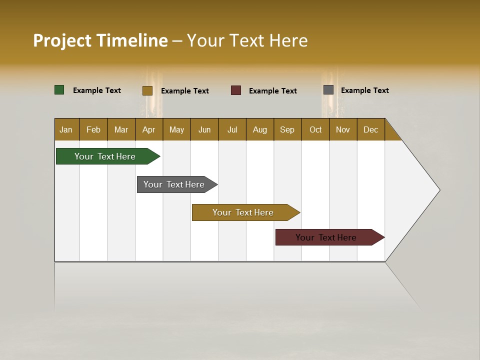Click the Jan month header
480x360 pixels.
(66, 129)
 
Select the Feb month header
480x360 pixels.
(93, 129)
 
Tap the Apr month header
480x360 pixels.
(148, 129)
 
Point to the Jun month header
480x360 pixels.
(204, 129)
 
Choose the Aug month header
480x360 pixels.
(259, 129)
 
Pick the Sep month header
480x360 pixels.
(287, 129)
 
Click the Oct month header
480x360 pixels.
(315, 129)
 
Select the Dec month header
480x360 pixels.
(370, 129)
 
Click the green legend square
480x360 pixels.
(59, 90)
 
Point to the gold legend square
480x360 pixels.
(147, 90)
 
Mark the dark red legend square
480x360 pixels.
(236, 90)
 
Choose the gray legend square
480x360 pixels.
(328, 90)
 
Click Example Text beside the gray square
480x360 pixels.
(364, 90)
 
